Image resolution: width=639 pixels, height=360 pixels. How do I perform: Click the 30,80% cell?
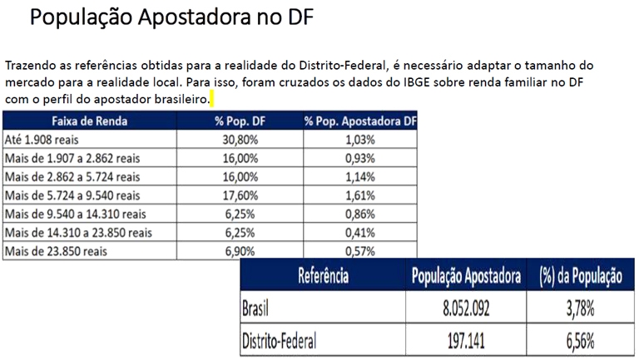tap(241, 140)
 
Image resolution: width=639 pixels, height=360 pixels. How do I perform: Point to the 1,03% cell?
tap(359, 140)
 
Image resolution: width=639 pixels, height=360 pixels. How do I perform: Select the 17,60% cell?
tap(241, 195)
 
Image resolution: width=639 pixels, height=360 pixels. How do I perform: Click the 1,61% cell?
tap(359, 195)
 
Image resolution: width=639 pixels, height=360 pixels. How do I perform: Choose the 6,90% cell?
tap(241, 250)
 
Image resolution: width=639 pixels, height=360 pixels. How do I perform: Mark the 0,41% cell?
tap(359, 232)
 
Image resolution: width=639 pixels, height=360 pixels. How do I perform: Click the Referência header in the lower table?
tap(321, 276)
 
